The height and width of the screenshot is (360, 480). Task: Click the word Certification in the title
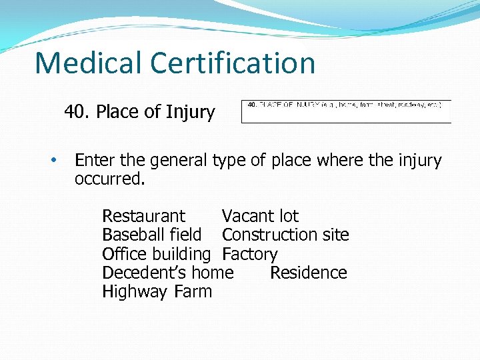pyautogui.click(x=233, y=63)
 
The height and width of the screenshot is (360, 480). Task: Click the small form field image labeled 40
pyautogui.click(x=345, y=111)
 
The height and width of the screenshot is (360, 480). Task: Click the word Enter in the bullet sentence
pyautogui.click(x=95, y=161)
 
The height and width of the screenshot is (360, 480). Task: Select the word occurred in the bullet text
pyautogui.click(x=108, y=179)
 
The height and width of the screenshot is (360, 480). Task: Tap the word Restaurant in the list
pyautogui.click(x=143, y=216)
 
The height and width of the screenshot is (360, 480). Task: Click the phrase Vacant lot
pyautogui.click(x=260, y=216)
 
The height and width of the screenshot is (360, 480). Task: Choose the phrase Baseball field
pyautogui.click(x=151, y=235)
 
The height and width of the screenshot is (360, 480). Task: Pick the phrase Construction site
pyautogui.click(x=285, y=235)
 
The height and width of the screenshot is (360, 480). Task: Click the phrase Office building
pyautogui.click(x=156, y=254)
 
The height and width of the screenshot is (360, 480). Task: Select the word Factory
pyautogui.click(x=249, y=254)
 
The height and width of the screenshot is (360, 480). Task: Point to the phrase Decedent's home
pyautogui.click(x=167, y=273)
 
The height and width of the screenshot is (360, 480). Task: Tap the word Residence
pyautogui.click(x=308, y=273)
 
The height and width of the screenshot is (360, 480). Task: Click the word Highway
pyautogui.click(x=135, y=292)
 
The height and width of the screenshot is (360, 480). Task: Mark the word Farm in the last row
pyautogui.click(x=193, y=291)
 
